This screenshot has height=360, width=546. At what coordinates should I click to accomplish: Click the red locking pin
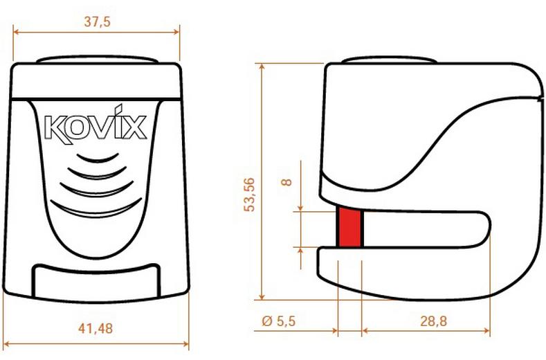349,226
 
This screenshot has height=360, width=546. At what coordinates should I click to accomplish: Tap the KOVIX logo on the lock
95,127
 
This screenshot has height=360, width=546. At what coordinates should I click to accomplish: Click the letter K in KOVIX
55,128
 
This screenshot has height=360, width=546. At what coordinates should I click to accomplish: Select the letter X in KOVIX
135,128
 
